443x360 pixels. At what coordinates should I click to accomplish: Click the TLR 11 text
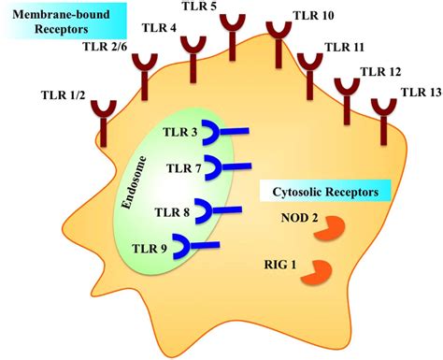pos(345,45)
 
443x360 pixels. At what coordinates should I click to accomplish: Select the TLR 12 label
pos(381,70)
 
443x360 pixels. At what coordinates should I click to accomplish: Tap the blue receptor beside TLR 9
pos(202,246)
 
